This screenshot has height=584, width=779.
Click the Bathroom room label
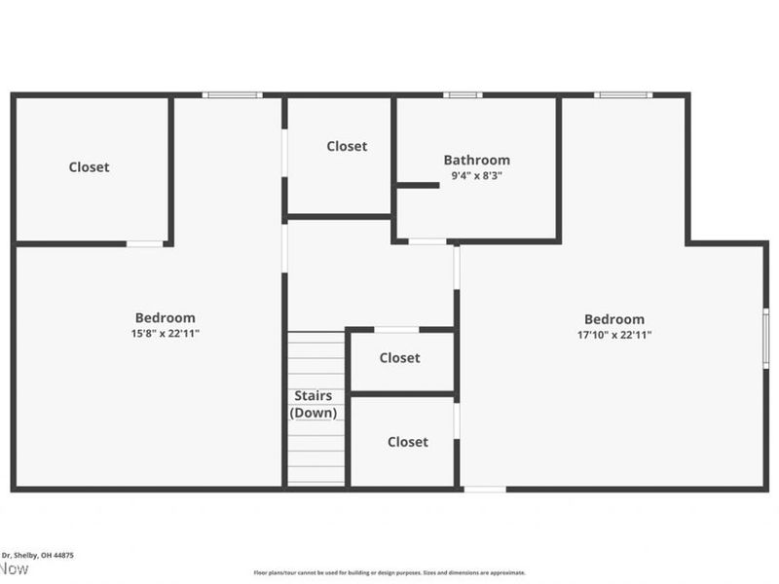pos(476,160)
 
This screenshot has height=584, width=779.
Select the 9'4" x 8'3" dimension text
pos(476,176)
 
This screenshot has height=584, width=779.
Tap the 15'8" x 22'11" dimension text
pos(165,334)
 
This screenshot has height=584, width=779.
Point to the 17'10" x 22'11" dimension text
pos(613,335)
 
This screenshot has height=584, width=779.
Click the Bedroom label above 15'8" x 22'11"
pos(165,317)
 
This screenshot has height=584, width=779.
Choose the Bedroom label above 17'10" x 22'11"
pos(613,319)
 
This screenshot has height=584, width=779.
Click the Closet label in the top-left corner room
pos(89,167)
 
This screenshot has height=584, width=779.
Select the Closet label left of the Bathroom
pos(347,146)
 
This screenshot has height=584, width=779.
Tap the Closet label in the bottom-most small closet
pos(407,442)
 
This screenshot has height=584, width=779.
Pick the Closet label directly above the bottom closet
pos(399,358)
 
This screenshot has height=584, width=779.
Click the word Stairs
pos(314,396)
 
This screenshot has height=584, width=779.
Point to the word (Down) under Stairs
pos(314,413)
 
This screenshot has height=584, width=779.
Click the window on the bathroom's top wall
pos(463,95)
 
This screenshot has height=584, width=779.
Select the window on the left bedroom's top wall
pos(232,95)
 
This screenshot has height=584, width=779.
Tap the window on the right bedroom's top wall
pos(623,95)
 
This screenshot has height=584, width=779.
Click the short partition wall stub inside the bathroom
pos(418,185)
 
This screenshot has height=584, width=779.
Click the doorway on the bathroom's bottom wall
pos(427,241)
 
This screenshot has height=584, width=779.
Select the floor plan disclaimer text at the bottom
pos(389,573)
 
